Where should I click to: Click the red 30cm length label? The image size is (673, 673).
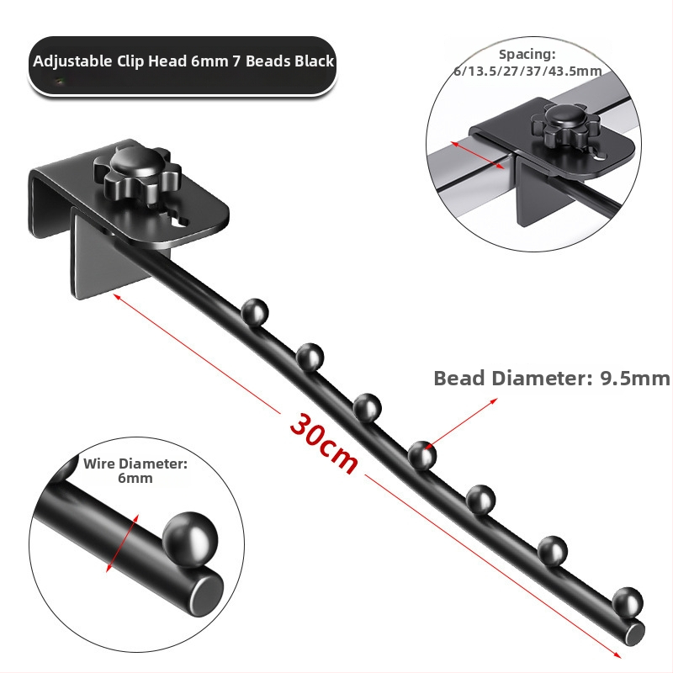pos(324,444)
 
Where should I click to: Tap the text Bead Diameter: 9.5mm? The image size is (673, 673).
pos(552,379)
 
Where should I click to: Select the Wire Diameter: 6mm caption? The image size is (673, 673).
pos(135,471)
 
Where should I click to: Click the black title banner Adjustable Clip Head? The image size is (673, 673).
pos(183,65)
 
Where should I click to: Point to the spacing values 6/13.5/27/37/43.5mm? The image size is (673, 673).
pos(527,71)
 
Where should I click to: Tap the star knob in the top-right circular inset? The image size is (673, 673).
pos(564,125)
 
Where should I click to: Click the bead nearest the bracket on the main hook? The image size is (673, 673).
pos(255,312)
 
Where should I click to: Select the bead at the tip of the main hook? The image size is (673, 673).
pos(628,602)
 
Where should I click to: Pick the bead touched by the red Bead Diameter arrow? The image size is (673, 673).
pos(422,455)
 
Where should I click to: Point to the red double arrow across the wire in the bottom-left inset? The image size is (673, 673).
pos(122,543)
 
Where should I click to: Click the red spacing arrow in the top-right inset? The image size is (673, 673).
pos(477,155)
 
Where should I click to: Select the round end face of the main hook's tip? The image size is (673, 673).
pos(635,634)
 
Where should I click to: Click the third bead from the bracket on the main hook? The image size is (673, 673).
pos(368,407)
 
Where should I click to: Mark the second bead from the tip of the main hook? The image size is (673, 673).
pos(553,551)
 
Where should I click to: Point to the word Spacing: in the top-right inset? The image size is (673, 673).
pos(527,55)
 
